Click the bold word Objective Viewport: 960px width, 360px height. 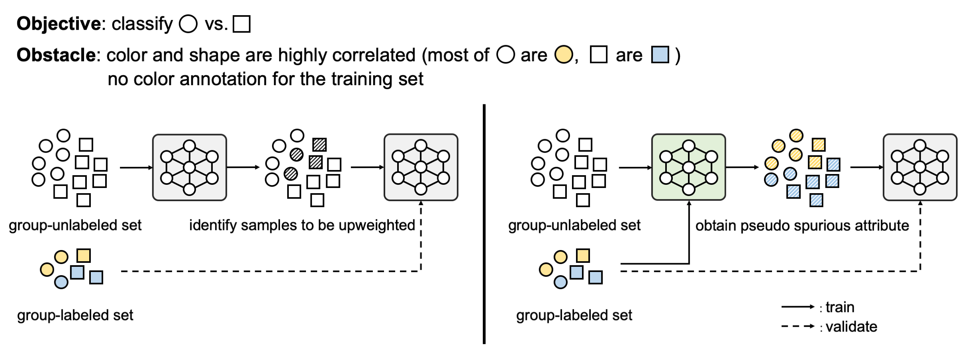click(59, 24)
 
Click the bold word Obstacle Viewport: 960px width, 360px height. click(56, 55)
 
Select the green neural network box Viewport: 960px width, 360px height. click(688, 167)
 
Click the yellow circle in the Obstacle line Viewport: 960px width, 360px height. click(564, 55)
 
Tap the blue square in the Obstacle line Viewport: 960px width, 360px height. click(660, 55)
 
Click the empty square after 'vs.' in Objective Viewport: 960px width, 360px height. click(242, 24)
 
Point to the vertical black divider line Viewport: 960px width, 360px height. click(484, 224)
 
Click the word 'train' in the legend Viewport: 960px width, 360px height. click(840, 307)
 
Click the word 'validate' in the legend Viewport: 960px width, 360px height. click(851, 327)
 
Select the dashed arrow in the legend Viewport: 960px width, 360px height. click(798, 326)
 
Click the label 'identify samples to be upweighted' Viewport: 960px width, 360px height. click(302, 225)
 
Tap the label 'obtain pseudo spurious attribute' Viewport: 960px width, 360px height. click(802, 226)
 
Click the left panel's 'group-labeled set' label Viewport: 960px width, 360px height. click(75, 315)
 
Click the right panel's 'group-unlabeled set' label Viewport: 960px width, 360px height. click(574, 225)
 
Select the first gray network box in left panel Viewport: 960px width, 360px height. click(189, 167)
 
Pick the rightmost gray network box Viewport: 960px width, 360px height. click(920, 167)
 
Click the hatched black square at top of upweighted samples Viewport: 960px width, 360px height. click(320, 144)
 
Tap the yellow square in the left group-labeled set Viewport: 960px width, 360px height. click(84, 255)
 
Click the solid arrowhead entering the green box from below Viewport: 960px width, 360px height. click(689, 203)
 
